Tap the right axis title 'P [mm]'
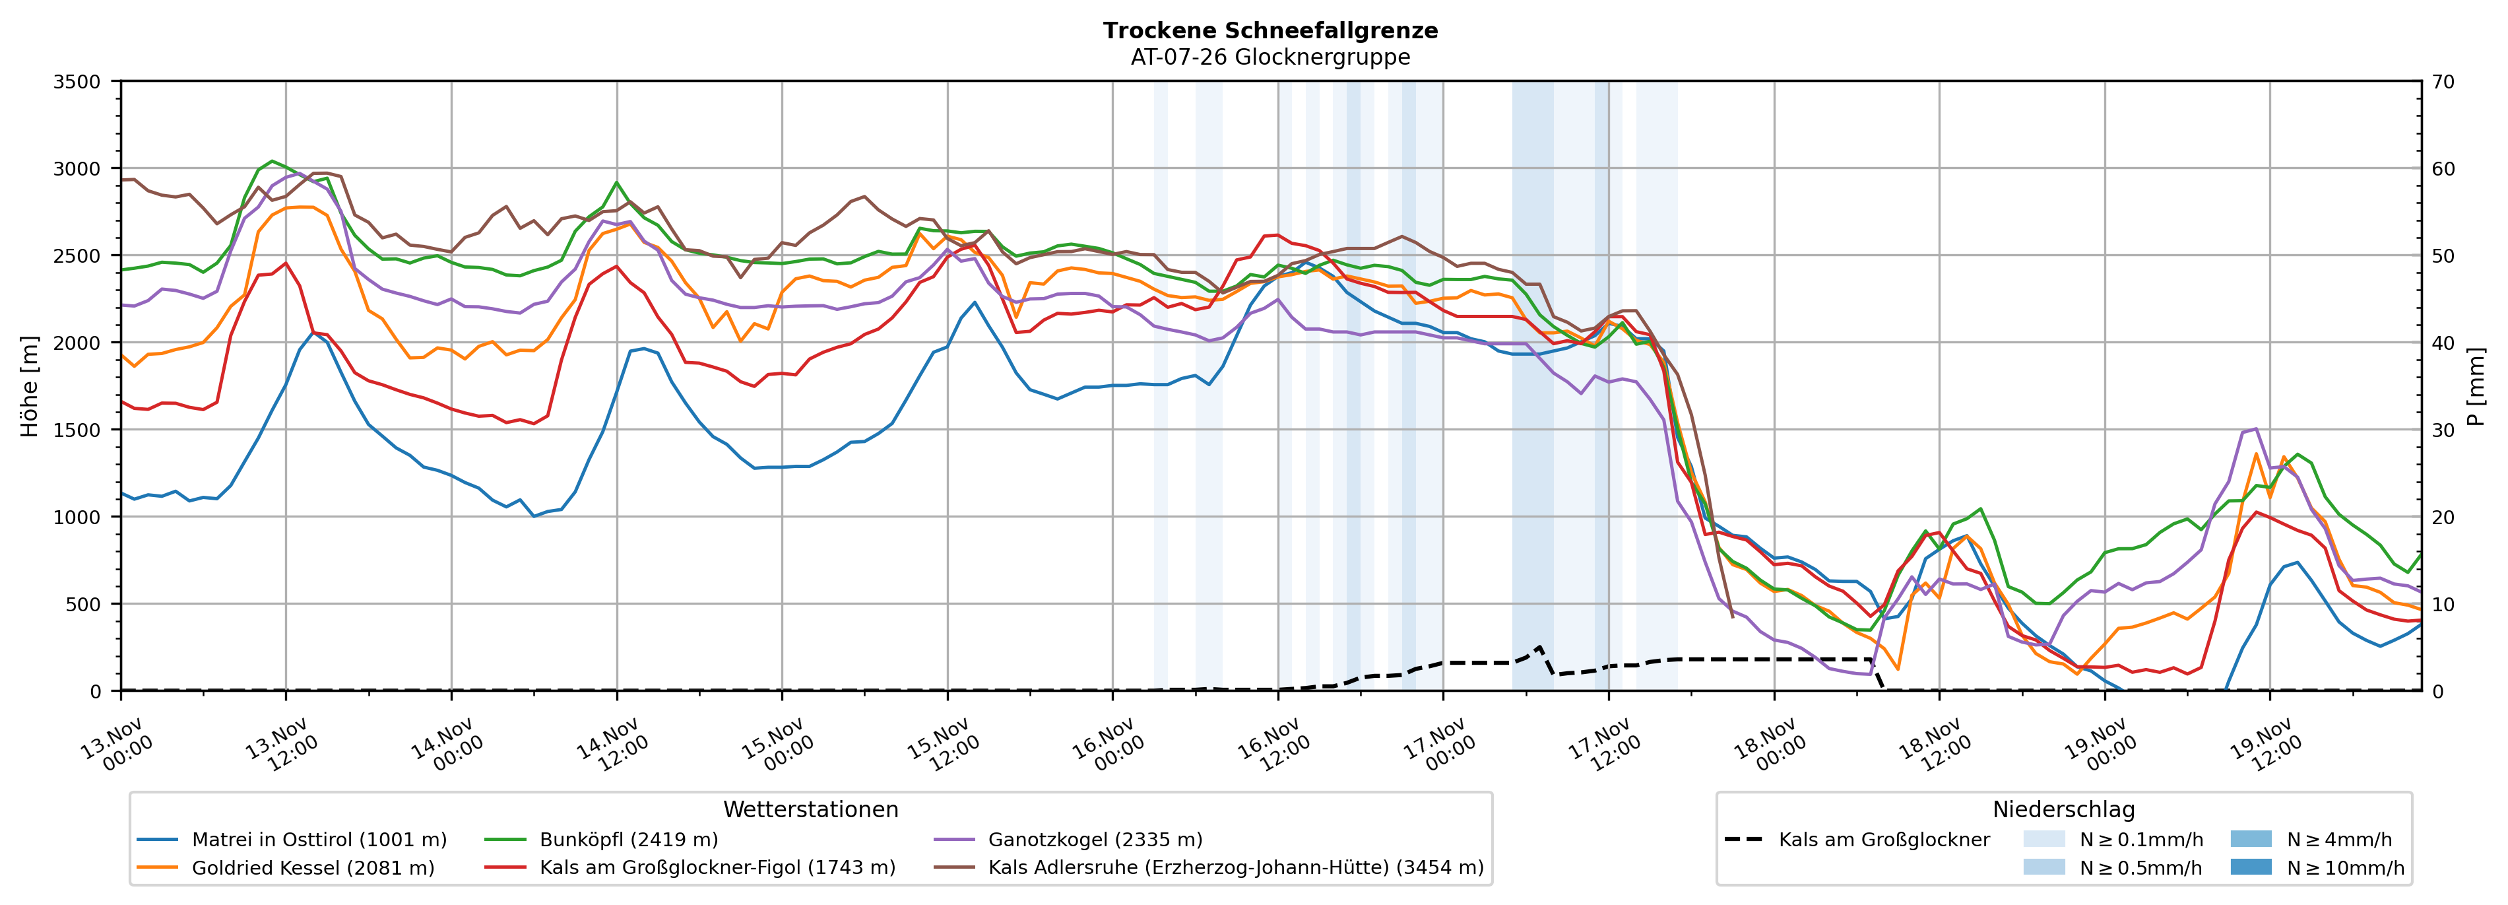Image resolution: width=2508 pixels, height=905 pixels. click(2476, 387)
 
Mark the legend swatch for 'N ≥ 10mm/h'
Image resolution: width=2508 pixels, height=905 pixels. click(2250, 867)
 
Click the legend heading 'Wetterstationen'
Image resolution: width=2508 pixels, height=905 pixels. click(810, 809)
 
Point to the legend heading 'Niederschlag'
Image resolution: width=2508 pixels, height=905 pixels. click(2063, 809)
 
